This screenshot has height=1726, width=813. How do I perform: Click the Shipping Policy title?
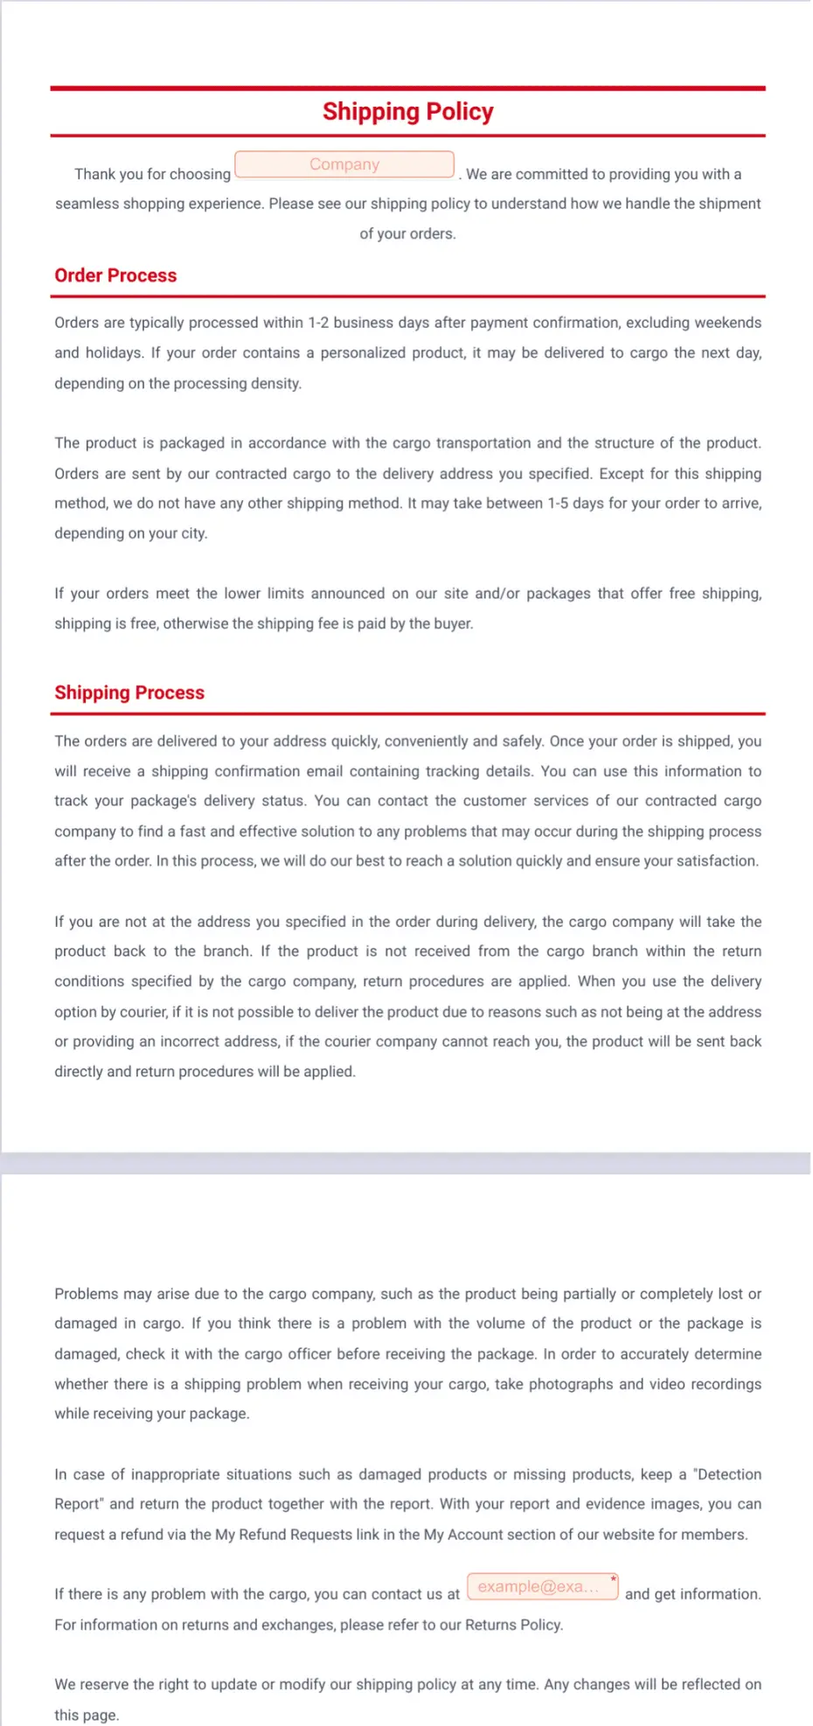coord(407,112)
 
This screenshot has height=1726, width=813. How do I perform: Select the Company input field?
coord(344,164)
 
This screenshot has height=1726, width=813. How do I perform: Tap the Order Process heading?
coord(115,275)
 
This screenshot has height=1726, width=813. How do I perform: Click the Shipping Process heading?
coord(129,692)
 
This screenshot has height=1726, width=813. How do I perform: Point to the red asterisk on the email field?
coord(614,1578)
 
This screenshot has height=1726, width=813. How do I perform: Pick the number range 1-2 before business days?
coord(318,323)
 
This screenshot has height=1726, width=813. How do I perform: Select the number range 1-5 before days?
coord(558,504)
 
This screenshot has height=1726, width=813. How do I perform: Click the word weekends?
coord(727,323)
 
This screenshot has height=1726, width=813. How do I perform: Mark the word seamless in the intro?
coord(87,204)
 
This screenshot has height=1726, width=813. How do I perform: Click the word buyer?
coord(453,623)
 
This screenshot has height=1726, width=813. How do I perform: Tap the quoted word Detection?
coord(728,1474)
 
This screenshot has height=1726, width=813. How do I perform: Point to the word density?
coord(274,384)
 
